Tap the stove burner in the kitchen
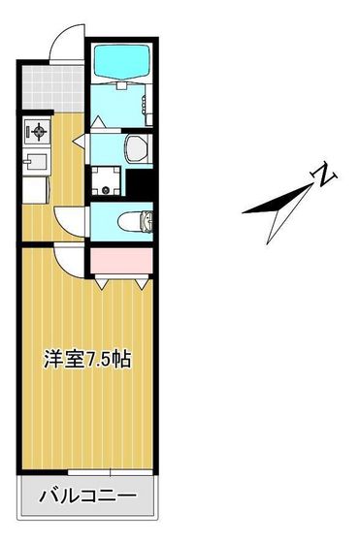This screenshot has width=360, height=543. [x=38, y=130]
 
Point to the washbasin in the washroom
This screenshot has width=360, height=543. [x=135, y=146]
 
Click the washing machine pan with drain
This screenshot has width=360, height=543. [x=107, y=180]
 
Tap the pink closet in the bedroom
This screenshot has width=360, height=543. [x=120, y=260]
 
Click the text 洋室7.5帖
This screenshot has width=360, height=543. [x=86, y=359]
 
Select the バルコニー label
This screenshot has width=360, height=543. [x=86, y=497]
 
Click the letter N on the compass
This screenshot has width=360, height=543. [x=323, y=176]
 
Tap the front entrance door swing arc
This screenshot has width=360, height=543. [x=63, y=44]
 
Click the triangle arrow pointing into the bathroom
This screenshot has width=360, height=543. [x=100, y=122]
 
